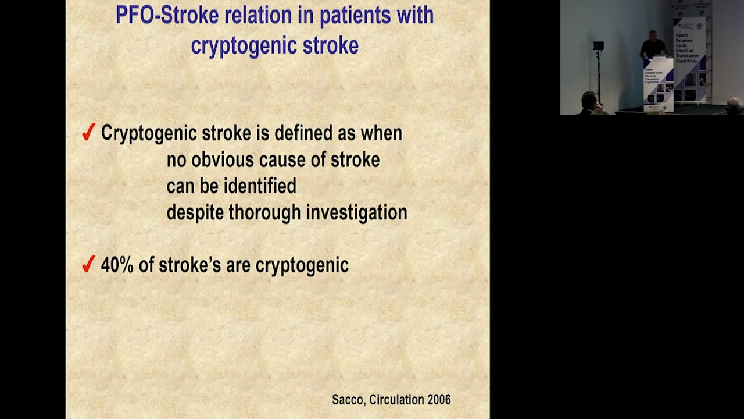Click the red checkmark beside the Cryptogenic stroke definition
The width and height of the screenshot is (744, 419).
coord(88,133)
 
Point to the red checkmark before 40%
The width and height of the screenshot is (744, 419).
coord(88,265)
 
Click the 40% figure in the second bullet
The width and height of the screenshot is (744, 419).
coord(117,265)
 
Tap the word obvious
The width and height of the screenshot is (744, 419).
coord(223,159)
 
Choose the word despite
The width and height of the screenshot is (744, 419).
coord(195,213)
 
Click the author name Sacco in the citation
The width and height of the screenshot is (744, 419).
coord(346,400)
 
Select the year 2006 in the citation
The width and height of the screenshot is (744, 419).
coord(439,400)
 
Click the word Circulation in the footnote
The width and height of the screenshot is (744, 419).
coord(397,400)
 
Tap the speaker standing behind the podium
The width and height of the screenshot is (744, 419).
coord(653,45)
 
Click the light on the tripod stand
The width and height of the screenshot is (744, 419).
coord(598,46)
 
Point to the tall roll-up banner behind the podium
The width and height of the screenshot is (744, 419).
coord(689,58)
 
